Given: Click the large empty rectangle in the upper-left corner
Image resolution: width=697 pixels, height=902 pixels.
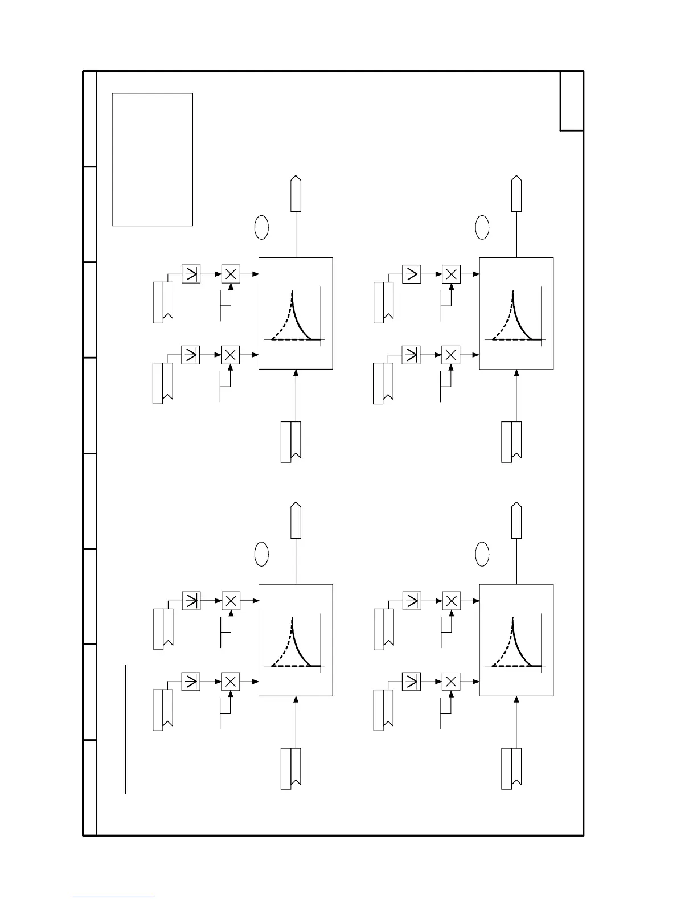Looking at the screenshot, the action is pos(152,159).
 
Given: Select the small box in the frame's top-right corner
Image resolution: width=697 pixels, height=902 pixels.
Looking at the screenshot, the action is pos(571,101).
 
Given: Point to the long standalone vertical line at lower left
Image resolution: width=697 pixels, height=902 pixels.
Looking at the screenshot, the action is pos(125,729).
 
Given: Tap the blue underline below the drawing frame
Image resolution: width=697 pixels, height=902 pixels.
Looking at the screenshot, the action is pos(113,897).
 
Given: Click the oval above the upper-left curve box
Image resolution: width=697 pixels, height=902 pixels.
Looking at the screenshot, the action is pos(261,227).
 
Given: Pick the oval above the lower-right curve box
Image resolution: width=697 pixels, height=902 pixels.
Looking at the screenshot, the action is pos(482,554).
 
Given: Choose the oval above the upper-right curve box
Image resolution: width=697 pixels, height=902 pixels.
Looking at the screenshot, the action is pos(482,227).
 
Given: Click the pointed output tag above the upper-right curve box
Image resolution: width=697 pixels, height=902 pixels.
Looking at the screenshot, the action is pos(516,194).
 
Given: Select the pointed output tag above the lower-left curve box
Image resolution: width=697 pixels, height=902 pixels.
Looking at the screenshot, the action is pos(296,520).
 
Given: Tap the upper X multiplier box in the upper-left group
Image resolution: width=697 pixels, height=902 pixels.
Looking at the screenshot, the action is pos(231,274).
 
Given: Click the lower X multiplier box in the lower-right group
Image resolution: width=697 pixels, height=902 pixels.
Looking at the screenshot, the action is pos(451,682).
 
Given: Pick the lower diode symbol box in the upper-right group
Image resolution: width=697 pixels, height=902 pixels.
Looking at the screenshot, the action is pos(411,355).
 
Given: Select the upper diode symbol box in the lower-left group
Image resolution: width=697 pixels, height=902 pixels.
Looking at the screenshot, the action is pos(191,601).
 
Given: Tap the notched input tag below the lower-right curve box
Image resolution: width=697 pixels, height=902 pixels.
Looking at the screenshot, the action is pos(511,769).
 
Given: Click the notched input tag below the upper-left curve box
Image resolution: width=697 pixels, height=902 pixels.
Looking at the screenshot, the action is pos(291,442).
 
